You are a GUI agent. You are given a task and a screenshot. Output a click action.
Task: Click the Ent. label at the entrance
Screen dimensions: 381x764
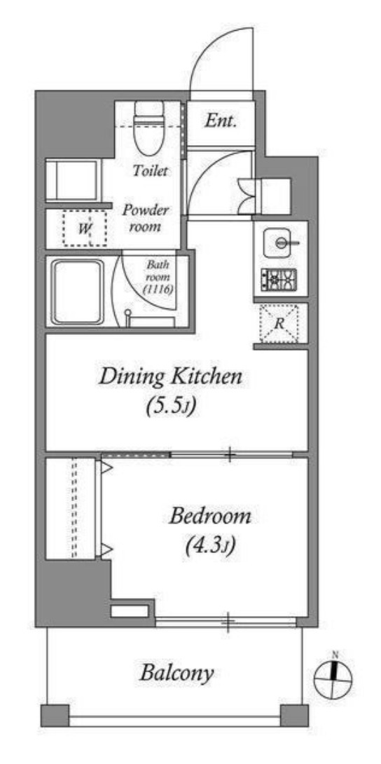[x=221, y=121]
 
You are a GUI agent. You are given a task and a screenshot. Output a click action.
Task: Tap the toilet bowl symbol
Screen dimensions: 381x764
[x=149, y=127]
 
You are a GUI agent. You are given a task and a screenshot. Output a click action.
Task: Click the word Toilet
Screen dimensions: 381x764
[x=151, y=171]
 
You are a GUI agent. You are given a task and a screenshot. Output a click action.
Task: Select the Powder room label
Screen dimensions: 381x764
[x=144, y=219]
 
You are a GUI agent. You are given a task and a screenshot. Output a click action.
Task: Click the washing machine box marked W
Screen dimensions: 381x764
[x=85, y=228]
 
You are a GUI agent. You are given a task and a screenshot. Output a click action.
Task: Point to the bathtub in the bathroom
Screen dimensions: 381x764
[x=77, y=292]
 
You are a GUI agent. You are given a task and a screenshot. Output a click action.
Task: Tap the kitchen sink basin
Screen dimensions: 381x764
[x=280, y=242]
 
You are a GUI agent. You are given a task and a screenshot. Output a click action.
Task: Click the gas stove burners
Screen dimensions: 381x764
[x=279, y=280]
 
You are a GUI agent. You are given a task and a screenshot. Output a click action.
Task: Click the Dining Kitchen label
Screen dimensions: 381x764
[x=170, y=378]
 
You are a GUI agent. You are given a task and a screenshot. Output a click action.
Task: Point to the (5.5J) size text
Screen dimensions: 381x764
[x=171, y=407]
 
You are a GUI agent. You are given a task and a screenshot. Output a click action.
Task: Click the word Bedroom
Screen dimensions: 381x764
[x=210, y=517]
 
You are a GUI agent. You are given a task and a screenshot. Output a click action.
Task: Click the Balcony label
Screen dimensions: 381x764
[x=176, y=674]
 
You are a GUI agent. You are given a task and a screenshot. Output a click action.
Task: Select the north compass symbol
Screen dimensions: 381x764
[x=333, y=678]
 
